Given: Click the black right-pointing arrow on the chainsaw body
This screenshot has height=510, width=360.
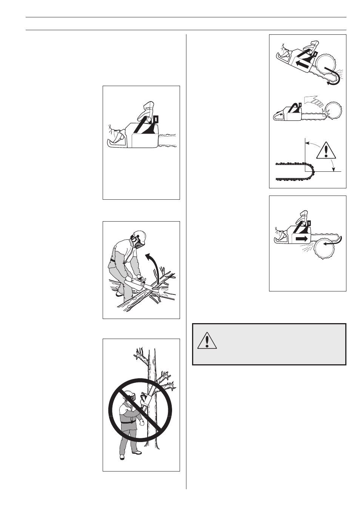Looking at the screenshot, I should click(301, 239).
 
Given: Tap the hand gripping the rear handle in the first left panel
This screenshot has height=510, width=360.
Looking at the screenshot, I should click(116, 136).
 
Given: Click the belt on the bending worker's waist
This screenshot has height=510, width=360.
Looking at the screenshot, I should click(112, 261).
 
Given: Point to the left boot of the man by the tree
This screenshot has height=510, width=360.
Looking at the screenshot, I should click(122, 457).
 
